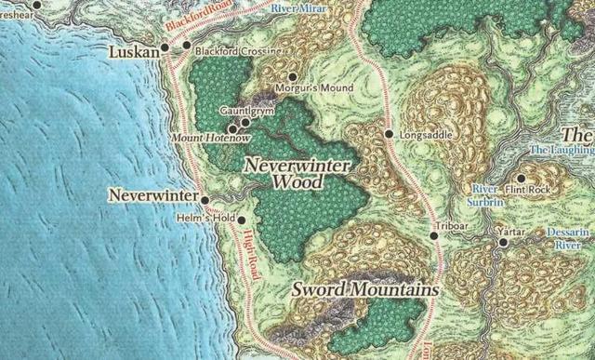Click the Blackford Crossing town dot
click(187, 45)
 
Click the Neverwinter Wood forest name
click(297, 173)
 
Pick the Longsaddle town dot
click(389, 134)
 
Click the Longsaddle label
click(426, 135)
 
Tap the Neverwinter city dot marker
click(205, 199)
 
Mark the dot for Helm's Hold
click(241, 220)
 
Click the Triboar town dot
click(434, 236)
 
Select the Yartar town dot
click(503, 242)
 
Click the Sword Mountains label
click(364, 290)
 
